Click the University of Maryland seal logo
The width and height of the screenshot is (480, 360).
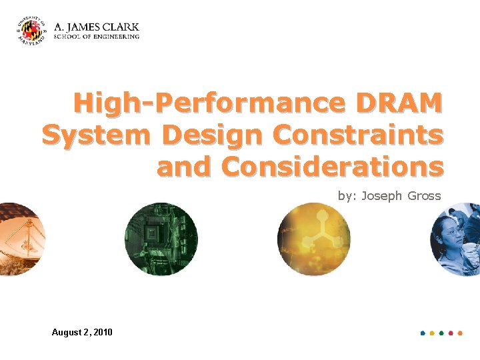point(31,31)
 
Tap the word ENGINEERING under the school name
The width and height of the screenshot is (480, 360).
point(118,37)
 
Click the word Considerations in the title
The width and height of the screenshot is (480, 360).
point(332,166)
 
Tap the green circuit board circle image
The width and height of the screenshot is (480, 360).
point(161,239)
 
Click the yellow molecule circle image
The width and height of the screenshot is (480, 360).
point(313,239)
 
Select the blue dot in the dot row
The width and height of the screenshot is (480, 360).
point(423,333)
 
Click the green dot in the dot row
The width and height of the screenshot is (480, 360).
point(441,333)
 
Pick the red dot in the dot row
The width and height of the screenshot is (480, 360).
point(451,333)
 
